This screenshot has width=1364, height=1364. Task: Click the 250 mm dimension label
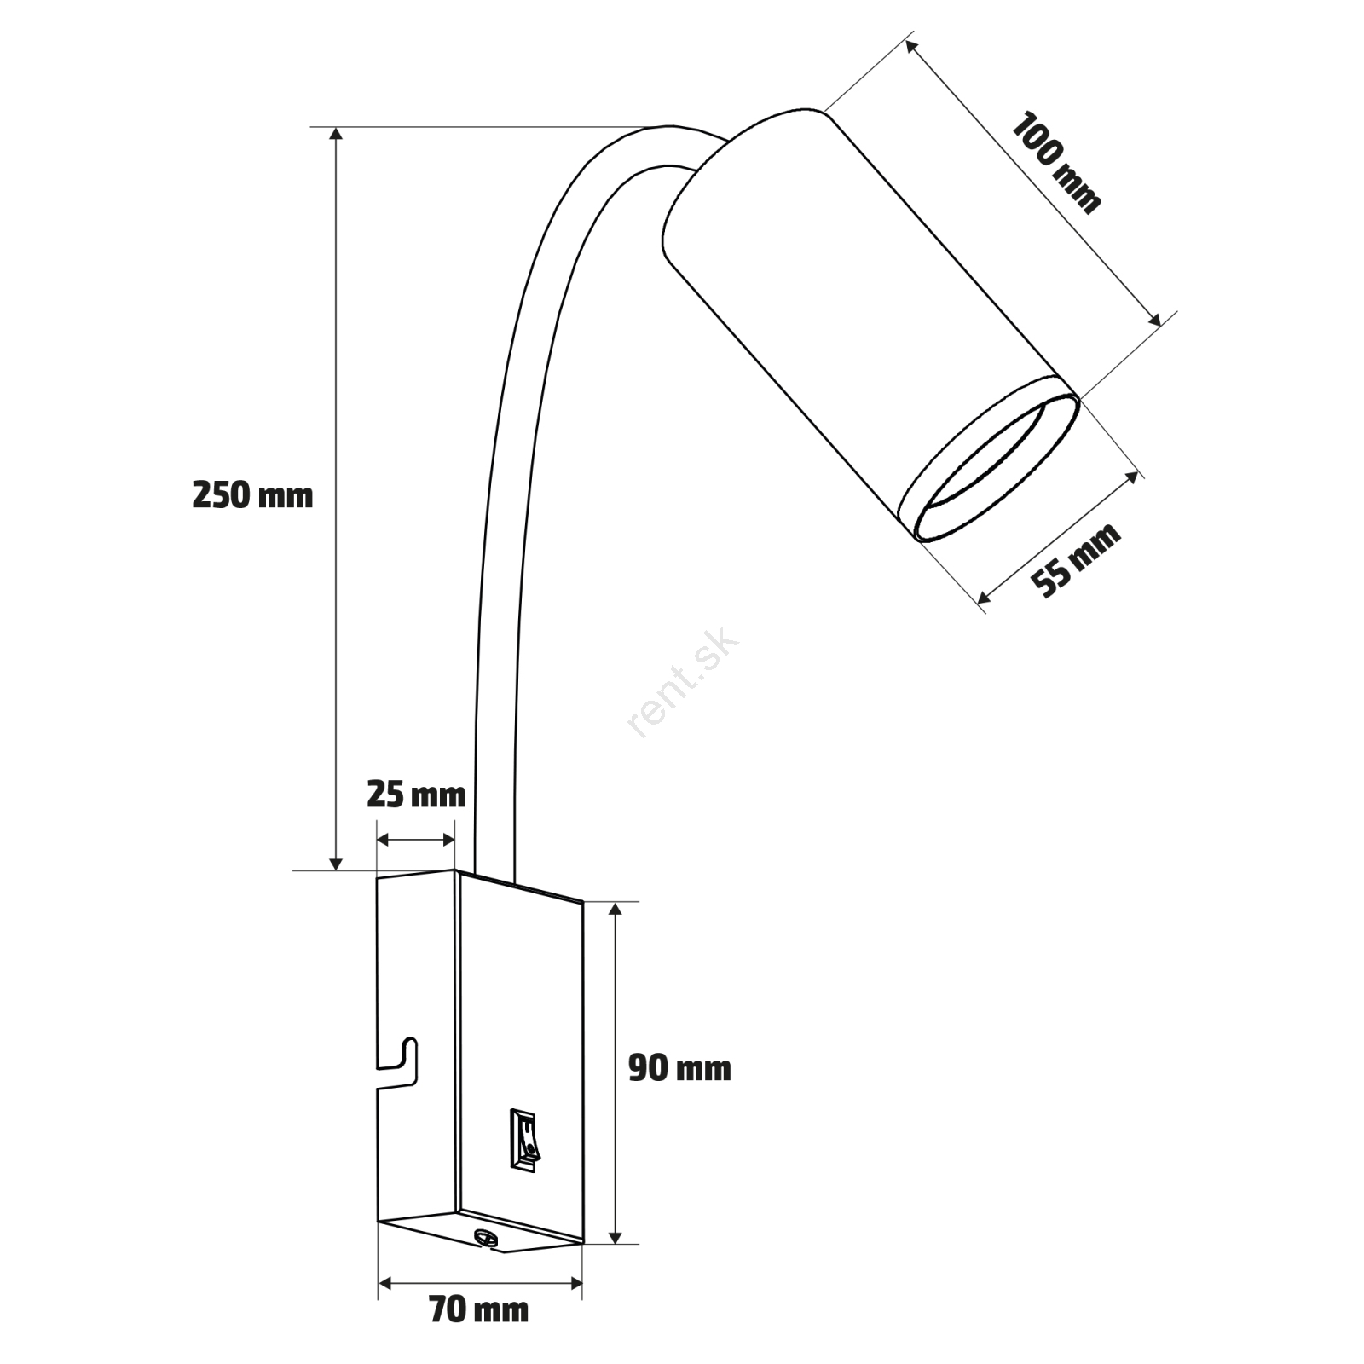click(x=252, y=495)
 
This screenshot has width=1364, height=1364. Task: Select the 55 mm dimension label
click(x=1075, y=561)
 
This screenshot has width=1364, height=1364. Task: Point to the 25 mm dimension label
click(x=416, y=795)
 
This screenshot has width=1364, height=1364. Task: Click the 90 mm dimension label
click(x=679, y=1068)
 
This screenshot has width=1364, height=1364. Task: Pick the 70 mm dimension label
click(x=478, y=1309)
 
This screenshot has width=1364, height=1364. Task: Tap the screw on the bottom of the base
click(x=486, y=1236)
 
